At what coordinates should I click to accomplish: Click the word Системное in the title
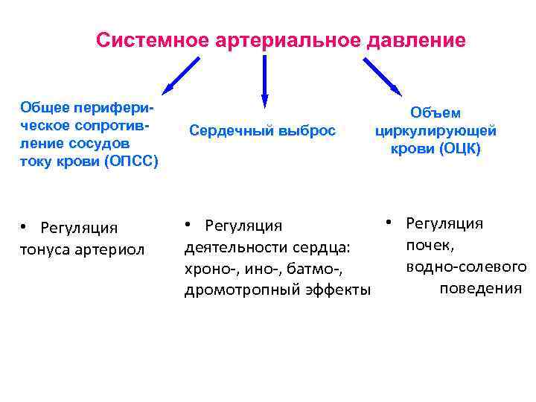coord(150,39)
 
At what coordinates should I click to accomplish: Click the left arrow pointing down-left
coord(182,74)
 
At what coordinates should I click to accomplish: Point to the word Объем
coord(436,113)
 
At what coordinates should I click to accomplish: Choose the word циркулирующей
coord(436,131)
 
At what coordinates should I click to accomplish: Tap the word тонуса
coord(47,248)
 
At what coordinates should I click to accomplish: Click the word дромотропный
coord(238,290)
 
